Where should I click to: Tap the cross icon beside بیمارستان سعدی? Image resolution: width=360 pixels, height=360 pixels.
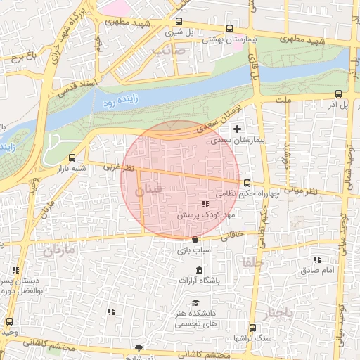237,129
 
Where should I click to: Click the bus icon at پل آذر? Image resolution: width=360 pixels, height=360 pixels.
339,93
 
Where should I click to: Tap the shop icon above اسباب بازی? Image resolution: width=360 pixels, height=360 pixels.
194,240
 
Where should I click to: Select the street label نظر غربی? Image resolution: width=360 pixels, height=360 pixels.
117,167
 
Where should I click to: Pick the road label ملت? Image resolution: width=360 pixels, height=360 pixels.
283,101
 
